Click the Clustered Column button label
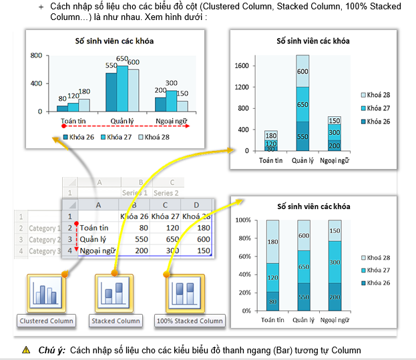[x=47, y=321]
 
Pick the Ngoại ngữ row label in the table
[x=96, y=251]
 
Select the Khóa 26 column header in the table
[x=134, y=216]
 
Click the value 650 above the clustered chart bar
[x=122, y=59]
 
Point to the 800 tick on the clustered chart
[x=37, y=55]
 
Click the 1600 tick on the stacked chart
[x=242, y=65]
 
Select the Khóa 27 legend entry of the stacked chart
[x=378, y=108]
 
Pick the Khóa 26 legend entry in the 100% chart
[x=378, y=283]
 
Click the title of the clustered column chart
[x=114, y=41]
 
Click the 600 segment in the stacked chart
[x=302, y=72]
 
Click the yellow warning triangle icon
[x=25, y=350]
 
